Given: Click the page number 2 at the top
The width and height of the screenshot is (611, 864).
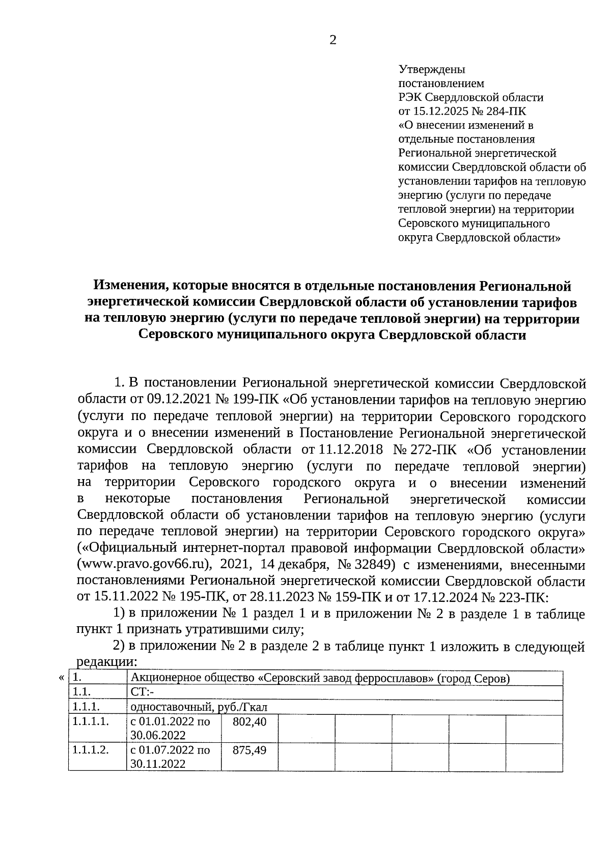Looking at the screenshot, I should pos(332,41).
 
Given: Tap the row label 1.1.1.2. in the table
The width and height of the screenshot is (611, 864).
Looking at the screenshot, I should pos(91,750).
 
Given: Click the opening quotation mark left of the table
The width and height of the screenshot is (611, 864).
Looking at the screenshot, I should pos(61,678).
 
